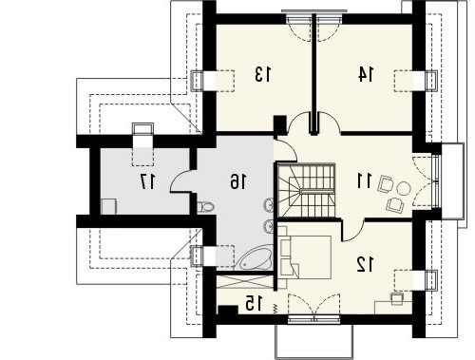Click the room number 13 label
(x=263, y=74)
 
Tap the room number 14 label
(x=366, y=74)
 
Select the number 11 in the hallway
(x=364, y=181)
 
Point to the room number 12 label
(x=366, y=264)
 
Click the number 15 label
(x=254, y=303)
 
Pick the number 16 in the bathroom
(x=237, y=181)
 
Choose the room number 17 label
(x=147, y=181)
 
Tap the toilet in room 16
(x=205, y=207)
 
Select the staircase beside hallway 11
(x=306, y=190)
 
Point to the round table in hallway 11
(x=404, y=189)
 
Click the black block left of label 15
(x=228, y=311)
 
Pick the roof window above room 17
(x=142, y=130)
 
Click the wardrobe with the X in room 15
(x=245, y=282)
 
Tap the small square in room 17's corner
(x=108, y=206)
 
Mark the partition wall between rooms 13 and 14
(x=313, y=74)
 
